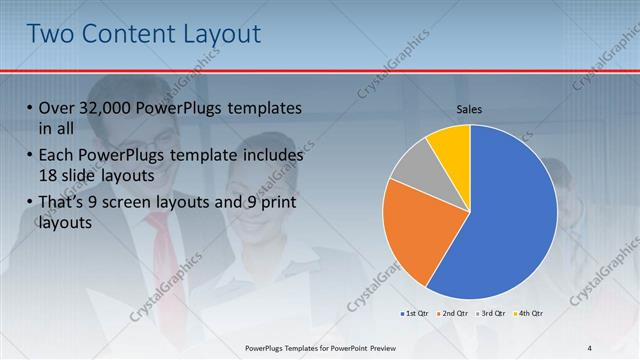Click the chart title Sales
tap(470, 109)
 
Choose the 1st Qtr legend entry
tap(416, 314)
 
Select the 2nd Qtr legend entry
tap(455, 314)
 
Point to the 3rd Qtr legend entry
tap(493, 314)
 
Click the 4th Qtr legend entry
tap(531, 314)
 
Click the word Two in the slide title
tap(53, 34)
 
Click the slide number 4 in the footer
tap(589, 347)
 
